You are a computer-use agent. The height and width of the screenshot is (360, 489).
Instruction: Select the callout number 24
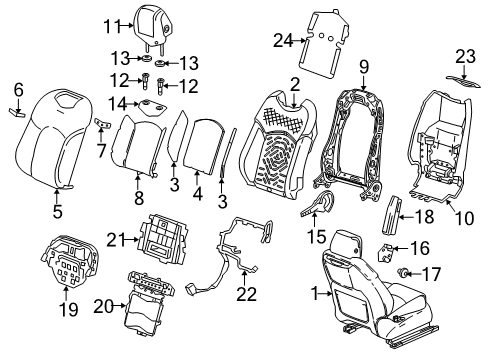click(284, 39)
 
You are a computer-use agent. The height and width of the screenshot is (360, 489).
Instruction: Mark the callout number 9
click(364, 67)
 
